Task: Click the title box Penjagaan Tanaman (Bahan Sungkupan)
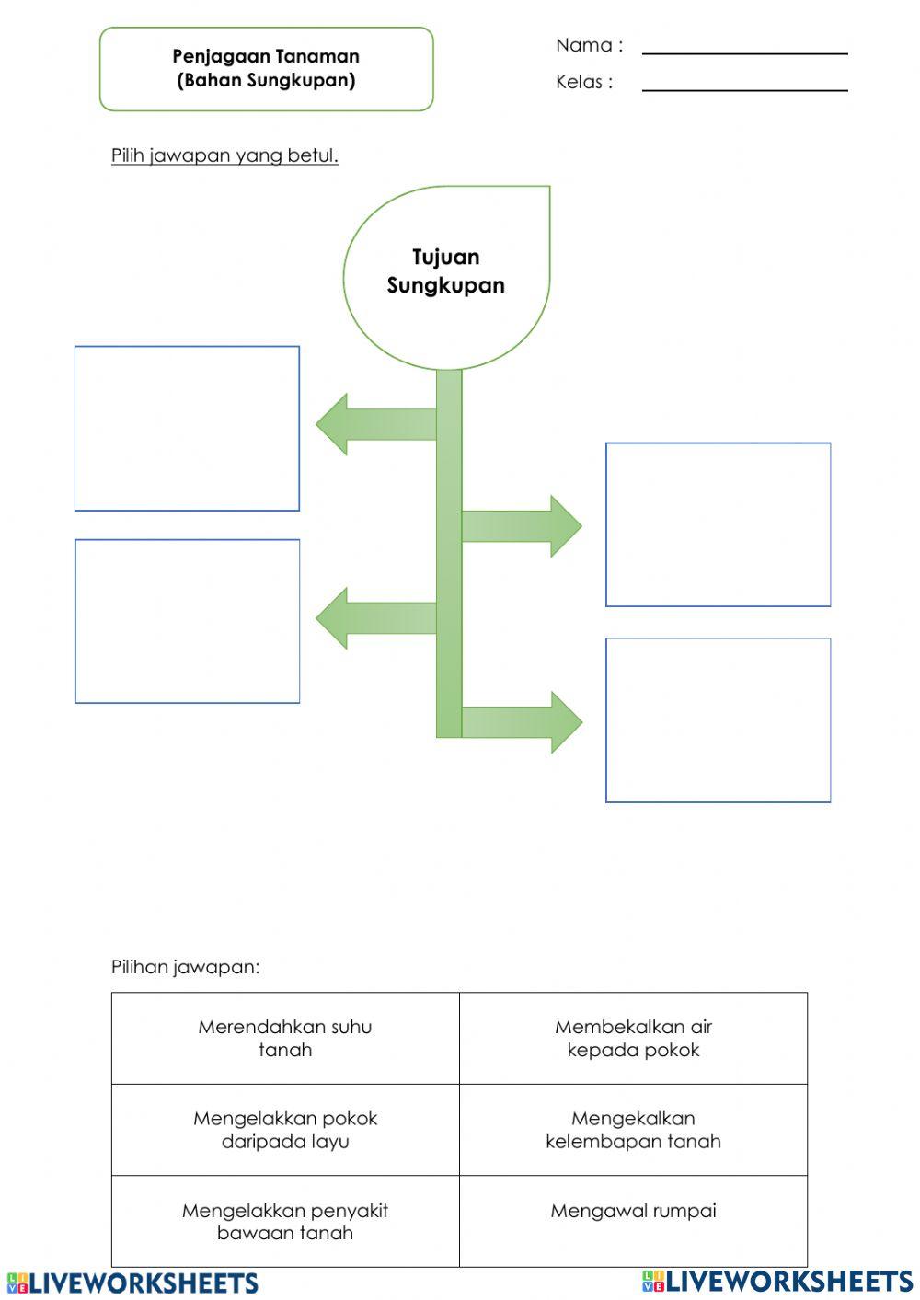coord(266,69)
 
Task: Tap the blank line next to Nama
coord(744,48)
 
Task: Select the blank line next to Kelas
coord(744,85)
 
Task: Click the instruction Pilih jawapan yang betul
coord(224,155)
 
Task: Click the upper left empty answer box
coord(187,428)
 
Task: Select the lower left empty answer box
coord(187,621)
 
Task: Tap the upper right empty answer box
coord(718,524)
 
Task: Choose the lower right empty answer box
coord(718,719)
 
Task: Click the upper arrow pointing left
coord(368,424)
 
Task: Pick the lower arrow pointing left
coord(368,618)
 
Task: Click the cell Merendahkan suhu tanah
coord(285,1038)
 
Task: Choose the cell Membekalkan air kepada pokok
coord(633,1038)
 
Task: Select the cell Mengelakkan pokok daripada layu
coord(285,1130)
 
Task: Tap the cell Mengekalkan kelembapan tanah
coord(633,1130)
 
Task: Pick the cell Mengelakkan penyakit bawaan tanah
coord(285,1221)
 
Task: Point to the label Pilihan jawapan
coord(186,967)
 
